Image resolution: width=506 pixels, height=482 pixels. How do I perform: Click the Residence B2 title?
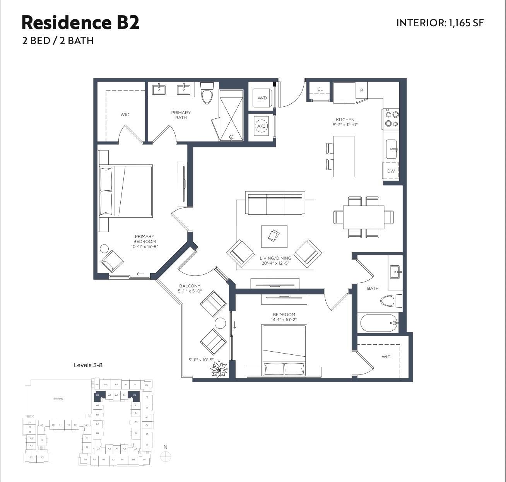pos(80,22)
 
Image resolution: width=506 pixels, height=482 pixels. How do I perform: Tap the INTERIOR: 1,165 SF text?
pos(440,23)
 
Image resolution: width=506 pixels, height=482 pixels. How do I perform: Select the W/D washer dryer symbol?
pos(262,98)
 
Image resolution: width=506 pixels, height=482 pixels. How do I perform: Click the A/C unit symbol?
pos(262,126)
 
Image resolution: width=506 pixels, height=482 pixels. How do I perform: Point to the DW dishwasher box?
pos(391,171)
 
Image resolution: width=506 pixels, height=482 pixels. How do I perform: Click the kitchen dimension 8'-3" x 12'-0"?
pos(345,125)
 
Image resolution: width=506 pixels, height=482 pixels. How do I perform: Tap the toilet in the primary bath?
pos(207,93)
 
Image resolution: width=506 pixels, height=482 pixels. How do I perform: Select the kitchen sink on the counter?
pos(391,149)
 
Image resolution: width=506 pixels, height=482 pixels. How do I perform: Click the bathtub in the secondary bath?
pos(379,323)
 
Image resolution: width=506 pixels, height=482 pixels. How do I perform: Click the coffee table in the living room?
pos(274,236)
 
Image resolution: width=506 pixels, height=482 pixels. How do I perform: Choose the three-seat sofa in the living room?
pos(275,204)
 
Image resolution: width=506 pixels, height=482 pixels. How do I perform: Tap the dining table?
pos(363,217)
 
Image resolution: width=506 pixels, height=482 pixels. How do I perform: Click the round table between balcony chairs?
pos(220,323)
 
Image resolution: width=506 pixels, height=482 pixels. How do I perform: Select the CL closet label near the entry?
pos(320,89)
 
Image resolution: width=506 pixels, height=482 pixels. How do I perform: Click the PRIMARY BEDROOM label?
pos(145,239)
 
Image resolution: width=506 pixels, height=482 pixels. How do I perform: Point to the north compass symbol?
pos(166,456)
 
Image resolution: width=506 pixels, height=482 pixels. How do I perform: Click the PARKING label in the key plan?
pos(58,399)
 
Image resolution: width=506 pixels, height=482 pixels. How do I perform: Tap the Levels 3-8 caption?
pos(88,365)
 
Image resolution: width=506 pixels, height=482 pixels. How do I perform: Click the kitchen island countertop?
pos(344,156)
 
